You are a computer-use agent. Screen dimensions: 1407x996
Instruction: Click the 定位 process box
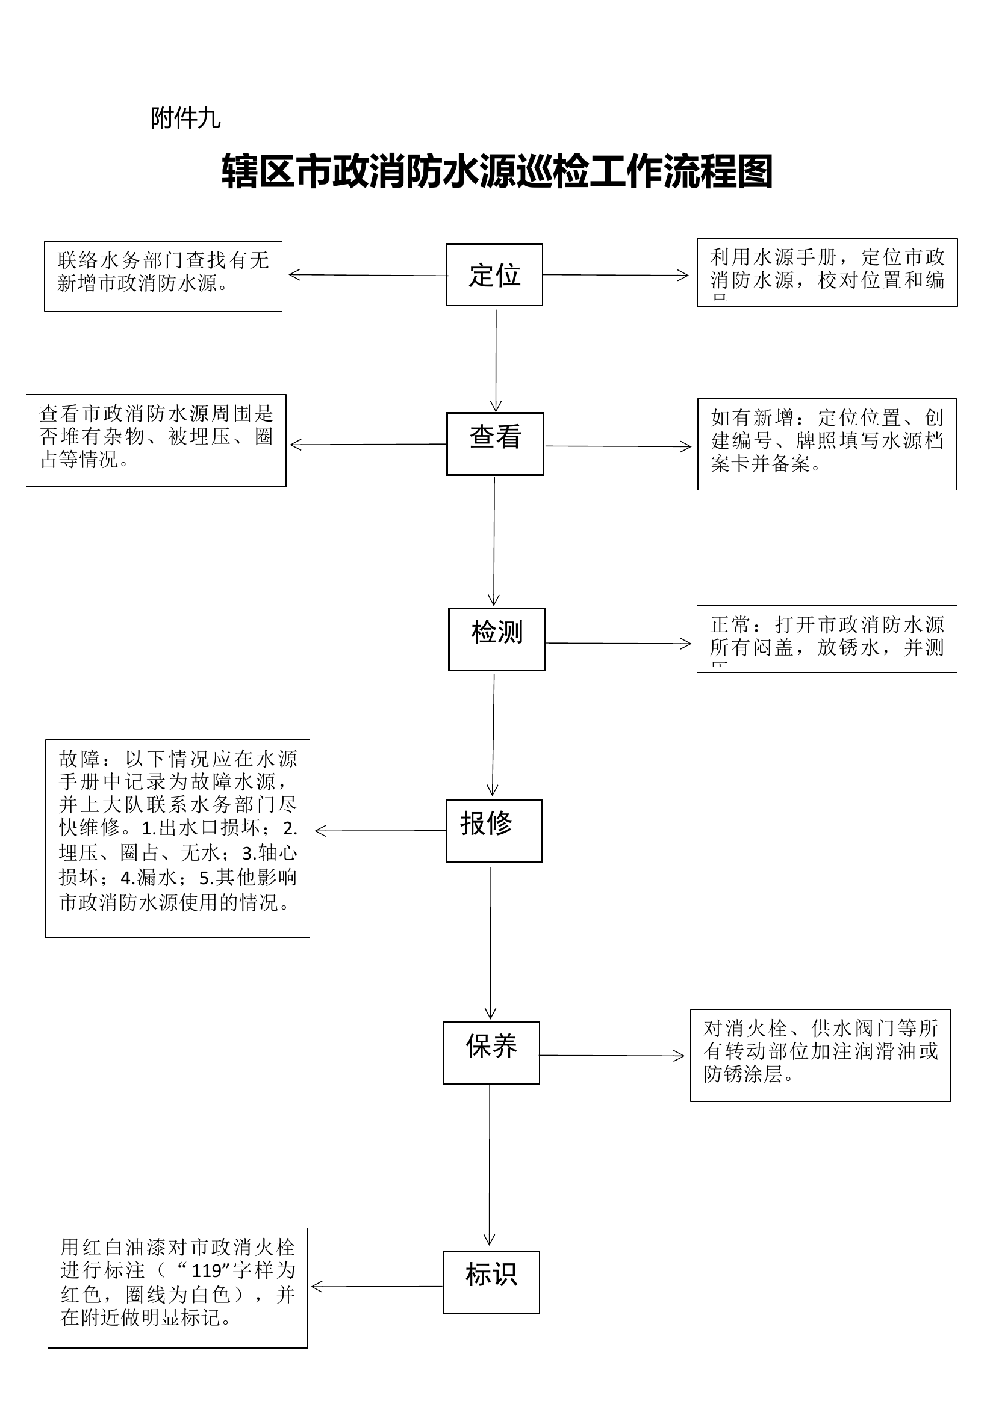(x=494, y=275)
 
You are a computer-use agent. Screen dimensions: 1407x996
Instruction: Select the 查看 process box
(x=495, y=444)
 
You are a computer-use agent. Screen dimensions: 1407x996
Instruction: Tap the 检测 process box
(x=497, y=639)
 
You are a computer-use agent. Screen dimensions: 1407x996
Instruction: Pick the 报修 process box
(x=494, y=831)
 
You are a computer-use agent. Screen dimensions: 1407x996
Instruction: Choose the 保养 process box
(x=491, y=1053)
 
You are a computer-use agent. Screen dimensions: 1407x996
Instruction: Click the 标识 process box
(x=491, y=1282)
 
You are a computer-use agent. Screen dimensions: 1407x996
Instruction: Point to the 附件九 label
(x=185, y=118)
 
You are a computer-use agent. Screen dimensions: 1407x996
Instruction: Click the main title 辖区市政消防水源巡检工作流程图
(x=497, y=172)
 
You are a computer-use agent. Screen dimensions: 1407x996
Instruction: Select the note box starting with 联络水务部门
(x=163, y=276)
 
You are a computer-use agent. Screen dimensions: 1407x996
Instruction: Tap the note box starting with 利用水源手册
(x=827, y=272)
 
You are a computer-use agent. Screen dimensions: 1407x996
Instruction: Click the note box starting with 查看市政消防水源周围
(x=156, y=440)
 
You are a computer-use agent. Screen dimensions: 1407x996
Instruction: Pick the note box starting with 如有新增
(x=827, y=445)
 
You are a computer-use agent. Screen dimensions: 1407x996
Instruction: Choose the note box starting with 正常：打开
(x=827, y=639)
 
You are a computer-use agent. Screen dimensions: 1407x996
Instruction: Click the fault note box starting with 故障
(x=178, y=839)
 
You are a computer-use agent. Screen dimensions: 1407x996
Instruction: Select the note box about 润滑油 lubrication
(x=821, y=1056)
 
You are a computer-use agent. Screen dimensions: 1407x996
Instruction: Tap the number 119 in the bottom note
(x=206, y=1271)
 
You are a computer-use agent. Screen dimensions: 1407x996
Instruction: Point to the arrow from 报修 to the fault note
(x=380, y=831)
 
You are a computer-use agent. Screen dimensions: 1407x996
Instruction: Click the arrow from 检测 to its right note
(x=618, y=644)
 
